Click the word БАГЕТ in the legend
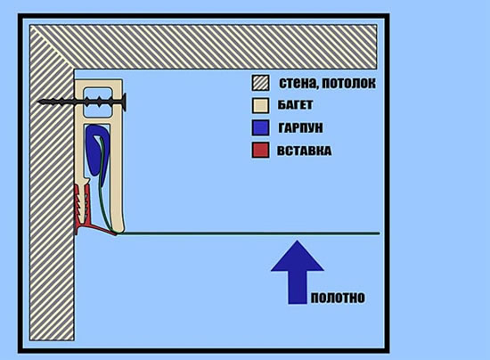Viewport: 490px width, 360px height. [x=295, y=105]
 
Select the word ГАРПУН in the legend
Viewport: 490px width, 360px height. [x=300, y=127]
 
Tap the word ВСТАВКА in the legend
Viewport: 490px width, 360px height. [x=304, y=151]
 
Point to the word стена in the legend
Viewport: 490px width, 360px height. [x=298, y=83]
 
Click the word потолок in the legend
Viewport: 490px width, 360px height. [x=348, y=83]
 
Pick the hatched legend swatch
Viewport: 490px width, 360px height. [x=261, y=83]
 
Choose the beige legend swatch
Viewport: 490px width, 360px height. [x=261, y=105]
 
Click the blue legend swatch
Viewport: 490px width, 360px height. [x=261, y=127]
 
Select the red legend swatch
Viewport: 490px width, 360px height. [x=261, y=151]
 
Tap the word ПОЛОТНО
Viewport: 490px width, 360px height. [x=338, y=298]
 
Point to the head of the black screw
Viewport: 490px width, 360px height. [x=124, y=102]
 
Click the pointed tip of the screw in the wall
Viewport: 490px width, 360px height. [x=38, y=102]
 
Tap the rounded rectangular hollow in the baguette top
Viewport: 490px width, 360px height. [x=97, y=102]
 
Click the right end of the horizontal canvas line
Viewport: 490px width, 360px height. [x=380, y=233]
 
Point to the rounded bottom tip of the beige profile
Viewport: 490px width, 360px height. [x=121, y=231]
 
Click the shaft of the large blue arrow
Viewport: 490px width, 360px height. [x=298, y=287]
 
